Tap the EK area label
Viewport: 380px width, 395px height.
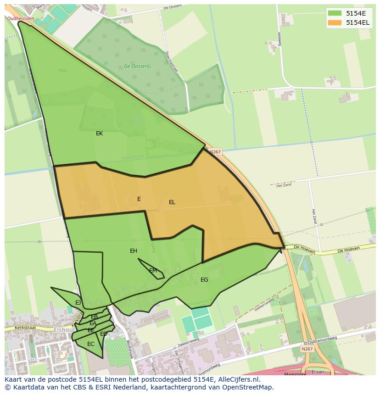pyautogui.click(x=99, y=134)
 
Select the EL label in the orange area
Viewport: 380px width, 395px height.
pyautogui.click(x=172, y=202)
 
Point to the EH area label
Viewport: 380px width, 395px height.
pyautogui.click(x=134, y=251)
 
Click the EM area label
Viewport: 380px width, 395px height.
pyautogui.click(x=153, y=271)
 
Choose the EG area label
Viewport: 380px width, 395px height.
pyautogui.click(x=204, y=280)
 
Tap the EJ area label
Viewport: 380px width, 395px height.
pyautogui.click(x=78, y=303)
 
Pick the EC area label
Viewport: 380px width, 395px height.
pyautogui.click(x=91, y=344)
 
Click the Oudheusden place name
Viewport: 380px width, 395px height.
pyautogui.click(x=21, y=18)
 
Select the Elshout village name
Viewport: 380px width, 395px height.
pyautogui.click(x=64, y=330)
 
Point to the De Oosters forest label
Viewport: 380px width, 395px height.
pyautogui.click(x=137, y=67)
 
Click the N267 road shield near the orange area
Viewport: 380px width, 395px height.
pyautogui.click(x=215, y=152)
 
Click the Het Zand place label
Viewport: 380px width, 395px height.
pyautogui.click(x=284, y=186)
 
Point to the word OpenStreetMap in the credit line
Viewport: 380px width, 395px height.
pyautogui.click(x=248, y=387)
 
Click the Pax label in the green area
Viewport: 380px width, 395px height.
pyautogui.click(x=63, y=71)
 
